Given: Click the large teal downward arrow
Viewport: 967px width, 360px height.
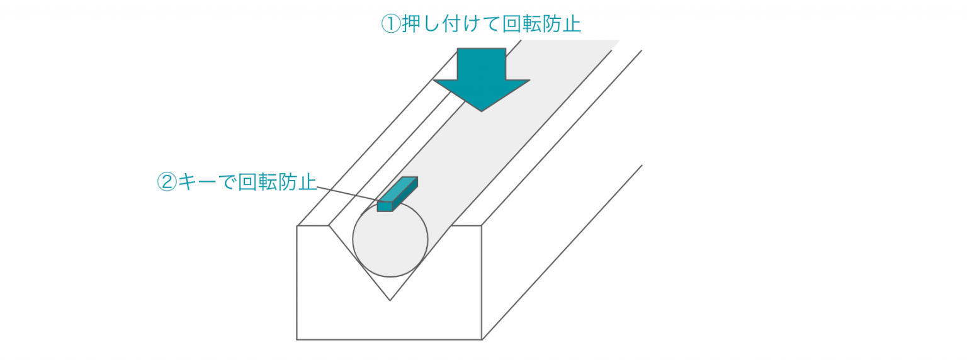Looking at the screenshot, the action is coord(482,80).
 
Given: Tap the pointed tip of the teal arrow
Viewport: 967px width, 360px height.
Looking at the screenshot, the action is coord(482,111).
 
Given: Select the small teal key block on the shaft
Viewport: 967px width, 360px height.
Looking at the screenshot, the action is coord(397,194).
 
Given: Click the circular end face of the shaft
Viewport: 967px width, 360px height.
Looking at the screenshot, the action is coord(390,240).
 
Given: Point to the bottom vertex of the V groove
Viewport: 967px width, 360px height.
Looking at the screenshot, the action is coord(390,300).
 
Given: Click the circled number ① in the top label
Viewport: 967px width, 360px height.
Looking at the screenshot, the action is coord(391,24).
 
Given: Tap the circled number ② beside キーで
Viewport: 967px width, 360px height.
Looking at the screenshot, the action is coord(167,182).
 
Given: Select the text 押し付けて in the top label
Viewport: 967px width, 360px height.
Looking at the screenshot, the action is coord(451,24).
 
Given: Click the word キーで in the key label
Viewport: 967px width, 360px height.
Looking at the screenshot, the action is coord(207,182).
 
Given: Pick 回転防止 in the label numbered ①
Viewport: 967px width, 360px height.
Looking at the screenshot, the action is coord(541,24).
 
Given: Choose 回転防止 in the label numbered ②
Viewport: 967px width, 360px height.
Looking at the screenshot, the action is coord(277,182).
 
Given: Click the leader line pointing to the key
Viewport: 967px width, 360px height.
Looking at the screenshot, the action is coord(348,194).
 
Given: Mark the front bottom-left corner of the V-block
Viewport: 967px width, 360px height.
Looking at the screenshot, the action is coord(297,340).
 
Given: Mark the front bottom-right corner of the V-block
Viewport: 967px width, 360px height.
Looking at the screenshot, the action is coord(482,340).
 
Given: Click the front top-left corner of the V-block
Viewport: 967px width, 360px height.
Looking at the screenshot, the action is coord(297,226).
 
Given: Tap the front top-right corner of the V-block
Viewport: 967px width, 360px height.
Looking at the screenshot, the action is coord(482,226).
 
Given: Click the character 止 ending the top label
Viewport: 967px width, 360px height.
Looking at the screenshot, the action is coord(572,24).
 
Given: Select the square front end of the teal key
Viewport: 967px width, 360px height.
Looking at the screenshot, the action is coord(385,206).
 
